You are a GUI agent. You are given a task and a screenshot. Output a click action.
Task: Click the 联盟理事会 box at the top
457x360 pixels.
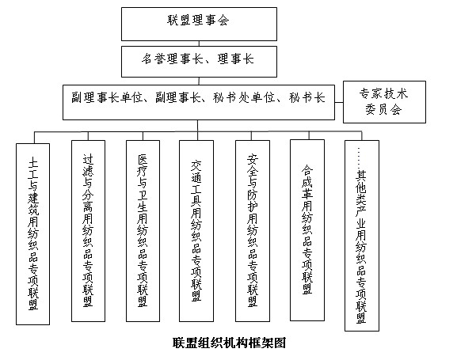click(199, 25)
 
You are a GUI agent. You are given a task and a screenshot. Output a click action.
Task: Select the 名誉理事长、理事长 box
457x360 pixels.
click(199, 62)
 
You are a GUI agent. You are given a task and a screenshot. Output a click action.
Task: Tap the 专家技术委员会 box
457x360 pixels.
click(384, 102)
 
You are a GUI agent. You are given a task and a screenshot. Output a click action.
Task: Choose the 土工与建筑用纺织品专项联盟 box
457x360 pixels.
click(33, 234)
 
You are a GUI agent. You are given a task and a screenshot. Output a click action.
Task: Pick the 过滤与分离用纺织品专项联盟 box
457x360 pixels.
click(88, 231)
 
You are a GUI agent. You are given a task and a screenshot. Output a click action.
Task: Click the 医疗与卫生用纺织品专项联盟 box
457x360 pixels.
click(143, 231)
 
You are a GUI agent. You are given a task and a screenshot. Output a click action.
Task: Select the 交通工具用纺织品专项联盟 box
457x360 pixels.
click(196, 231)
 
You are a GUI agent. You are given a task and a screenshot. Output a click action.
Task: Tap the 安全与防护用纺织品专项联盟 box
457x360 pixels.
click(253, 231)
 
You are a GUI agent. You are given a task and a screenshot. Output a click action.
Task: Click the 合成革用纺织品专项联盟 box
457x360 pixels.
click(307, 230)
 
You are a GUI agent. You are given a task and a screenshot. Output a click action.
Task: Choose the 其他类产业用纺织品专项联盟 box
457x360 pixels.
click(362, 236)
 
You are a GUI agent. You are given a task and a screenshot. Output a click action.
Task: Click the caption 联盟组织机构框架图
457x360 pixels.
click(229, 343)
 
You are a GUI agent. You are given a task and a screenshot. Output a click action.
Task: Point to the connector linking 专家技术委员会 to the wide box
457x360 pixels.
click(339, 102)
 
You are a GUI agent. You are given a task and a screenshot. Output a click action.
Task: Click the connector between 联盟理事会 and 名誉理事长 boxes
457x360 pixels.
click(199, 44)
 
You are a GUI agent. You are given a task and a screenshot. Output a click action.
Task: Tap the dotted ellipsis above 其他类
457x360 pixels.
click(359, 158)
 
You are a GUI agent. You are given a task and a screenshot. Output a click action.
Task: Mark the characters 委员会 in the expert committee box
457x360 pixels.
click(383, 110)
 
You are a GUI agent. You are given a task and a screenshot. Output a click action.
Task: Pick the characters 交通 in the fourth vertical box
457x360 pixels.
click(196, 171)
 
